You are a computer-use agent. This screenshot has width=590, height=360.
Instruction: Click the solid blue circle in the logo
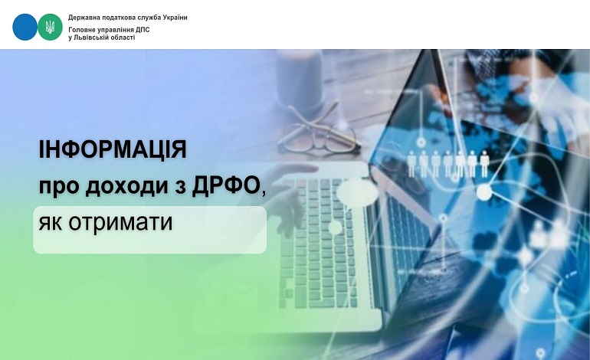(25, 27)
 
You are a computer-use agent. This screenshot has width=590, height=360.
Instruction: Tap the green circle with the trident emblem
(50, 27)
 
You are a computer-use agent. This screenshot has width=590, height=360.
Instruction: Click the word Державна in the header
(81, 18)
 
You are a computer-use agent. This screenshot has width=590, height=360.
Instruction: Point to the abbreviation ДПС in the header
(143, 30)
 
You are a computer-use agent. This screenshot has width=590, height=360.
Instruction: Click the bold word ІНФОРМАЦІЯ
(113, 149)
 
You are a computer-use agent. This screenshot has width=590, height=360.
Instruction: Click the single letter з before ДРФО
(180, 187)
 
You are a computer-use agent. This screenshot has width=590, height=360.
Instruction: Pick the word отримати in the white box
(120, 223)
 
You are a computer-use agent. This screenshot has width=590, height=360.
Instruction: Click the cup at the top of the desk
(300, 80)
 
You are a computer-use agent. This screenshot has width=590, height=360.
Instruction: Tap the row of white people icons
(447, 164)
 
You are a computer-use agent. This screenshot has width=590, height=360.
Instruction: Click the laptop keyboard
(319, 244)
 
